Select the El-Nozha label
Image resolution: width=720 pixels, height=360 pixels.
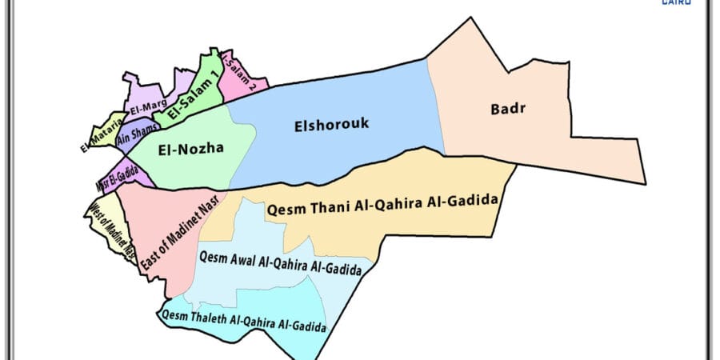190,148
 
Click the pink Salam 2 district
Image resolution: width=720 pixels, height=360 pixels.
240,77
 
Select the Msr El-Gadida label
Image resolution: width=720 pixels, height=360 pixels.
118,174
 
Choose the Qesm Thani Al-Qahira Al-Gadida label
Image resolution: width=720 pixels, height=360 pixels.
383,206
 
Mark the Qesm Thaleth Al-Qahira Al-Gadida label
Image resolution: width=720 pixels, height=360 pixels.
243,321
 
